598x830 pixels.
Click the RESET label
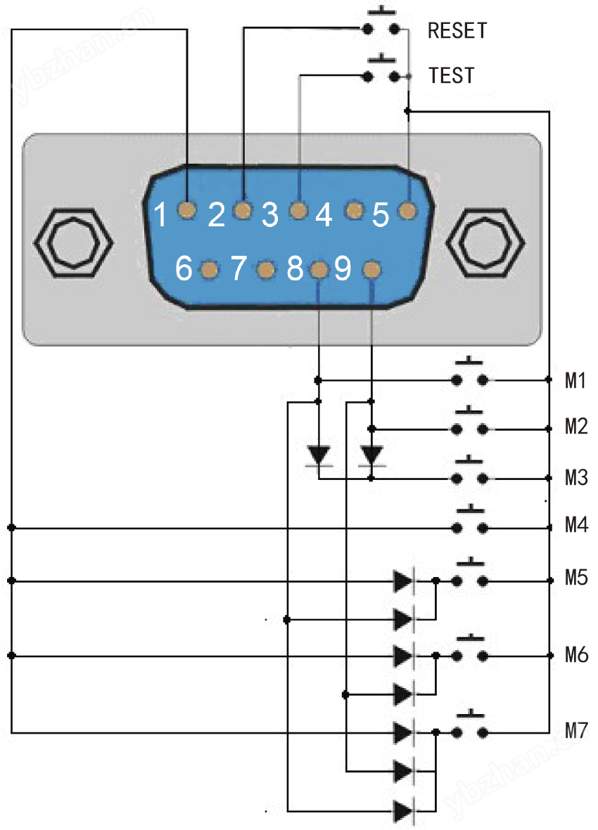(457, 30)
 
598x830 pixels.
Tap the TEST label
(452, 75)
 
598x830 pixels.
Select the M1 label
(576, 381)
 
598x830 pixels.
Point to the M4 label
(576, 525)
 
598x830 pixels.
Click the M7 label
(576, 731)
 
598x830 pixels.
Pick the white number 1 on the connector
(161, 215)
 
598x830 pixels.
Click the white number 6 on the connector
(184, 268)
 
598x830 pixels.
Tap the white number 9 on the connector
(343, 268)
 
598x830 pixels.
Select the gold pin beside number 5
(407, 210)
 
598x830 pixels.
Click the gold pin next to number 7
(266, 269)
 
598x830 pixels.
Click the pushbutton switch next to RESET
(381, 25)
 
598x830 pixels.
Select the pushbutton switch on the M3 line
(469, 474)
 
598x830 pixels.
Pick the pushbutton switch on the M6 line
(469, 652)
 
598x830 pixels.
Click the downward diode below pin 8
(319, 455)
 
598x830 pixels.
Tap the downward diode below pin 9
(371, 455)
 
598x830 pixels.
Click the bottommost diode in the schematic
(403, 811)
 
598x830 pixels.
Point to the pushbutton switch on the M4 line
(469, 523)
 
